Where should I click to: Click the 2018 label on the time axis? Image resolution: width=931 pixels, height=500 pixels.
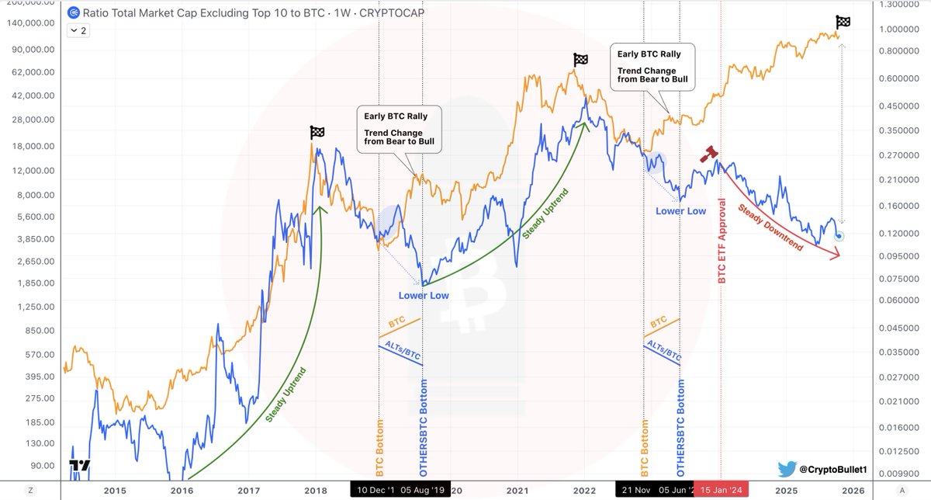[315, 490]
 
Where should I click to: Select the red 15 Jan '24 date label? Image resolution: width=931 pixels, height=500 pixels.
[721, 490]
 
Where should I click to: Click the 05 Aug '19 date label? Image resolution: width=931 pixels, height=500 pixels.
[424, 490]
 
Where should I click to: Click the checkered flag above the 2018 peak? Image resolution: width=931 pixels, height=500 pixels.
[317, 133]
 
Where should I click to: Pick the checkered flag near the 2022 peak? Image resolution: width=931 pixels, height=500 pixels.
[580, 60]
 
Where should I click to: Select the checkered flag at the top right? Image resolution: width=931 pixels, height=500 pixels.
[843, 23]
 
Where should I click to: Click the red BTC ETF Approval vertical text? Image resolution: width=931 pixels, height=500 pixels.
[722, 240]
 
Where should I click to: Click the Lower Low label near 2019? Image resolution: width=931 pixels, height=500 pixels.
[424, 296]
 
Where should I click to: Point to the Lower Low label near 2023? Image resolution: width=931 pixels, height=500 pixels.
[680, 210]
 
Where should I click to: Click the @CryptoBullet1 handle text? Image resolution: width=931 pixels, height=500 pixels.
[835, 470]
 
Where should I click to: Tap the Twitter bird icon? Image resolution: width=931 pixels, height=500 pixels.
[788, 469]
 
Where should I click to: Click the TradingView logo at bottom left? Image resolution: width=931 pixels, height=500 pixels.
[79, 466]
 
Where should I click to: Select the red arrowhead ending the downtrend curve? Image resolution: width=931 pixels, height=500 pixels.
[836, 254]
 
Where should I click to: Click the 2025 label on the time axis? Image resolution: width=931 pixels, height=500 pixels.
[787, 490]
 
